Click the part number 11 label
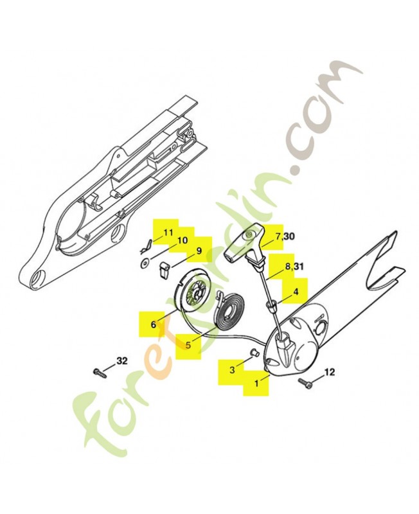[168, 233]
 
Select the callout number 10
[183, 240]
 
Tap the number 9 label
[199, 251]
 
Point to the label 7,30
[285, 236]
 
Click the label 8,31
[294, 266]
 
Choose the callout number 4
[296, 291]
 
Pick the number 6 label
[154, 324]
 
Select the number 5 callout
[188, 345]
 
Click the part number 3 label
[232, 370]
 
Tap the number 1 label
[256, 382]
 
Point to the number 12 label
[330, 372]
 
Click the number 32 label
[121, 361]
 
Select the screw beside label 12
[304, 382]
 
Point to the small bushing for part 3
[254, 352]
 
